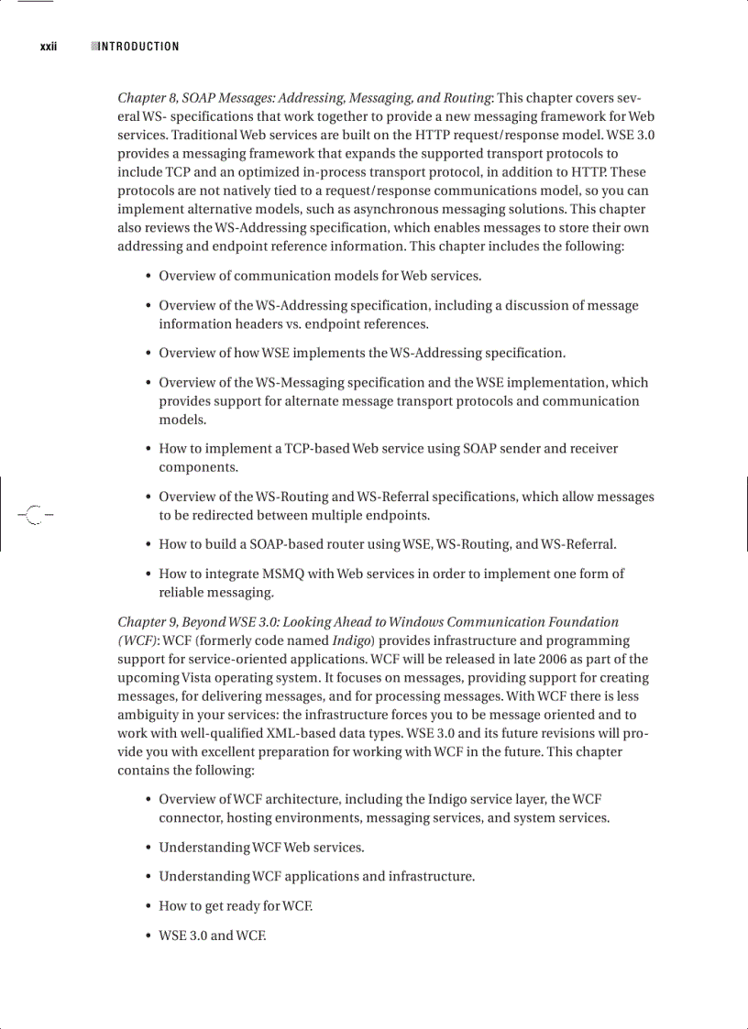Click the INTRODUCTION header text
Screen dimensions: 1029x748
coord(138,47)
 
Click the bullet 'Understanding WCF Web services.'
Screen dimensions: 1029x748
coord(261,848)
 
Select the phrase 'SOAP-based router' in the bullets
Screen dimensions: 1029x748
coord(275,544)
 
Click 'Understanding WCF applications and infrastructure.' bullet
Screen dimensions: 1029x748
coord(316,877)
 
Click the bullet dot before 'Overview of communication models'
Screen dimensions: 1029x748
coord(148,277)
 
